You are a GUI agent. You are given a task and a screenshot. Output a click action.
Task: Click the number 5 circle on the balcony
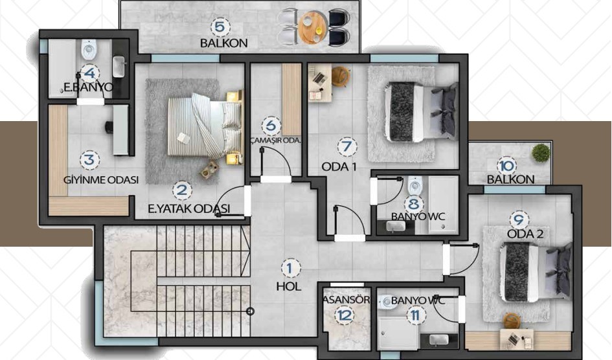point(220,27)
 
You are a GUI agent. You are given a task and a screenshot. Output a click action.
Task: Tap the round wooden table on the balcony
point(313,27)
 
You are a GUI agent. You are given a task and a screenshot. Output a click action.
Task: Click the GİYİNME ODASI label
point(101,180)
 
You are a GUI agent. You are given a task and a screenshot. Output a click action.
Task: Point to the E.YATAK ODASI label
point(189,208)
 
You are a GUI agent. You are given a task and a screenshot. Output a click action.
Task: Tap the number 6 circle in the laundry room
point(271,126)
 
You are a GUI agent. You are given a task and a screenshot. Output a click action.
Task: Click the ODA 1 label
point(339,167)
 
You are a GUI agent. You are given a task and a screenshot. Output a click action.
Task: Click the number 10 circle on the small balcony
point(506,166)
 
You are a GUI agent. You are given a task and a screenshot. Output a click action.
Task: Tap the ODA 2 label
point(525,234)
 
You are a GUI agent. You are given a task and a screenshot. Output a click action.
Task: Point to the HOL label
point(289,287)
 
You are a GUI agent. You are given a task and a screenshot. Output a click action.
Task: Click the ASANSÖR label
point(346,300)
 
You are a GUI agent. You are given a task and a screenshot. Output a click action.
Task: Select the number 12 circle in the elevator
point(346,315)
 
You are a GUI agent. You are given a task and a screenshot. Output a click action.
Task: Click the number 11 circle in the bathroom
point(415,315)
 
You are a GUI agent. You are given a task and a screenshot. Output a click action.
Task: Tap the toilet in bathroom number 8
point(415,186)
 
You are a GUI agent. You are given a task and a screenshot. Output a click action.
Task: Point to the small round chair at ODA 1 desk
point(341,76)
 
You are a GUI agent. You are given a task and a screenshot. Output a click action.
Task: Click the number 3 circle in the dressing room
point(90,160)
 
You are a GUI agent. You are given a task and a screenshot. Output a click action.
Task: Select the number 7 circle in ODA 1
point(347,146)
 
